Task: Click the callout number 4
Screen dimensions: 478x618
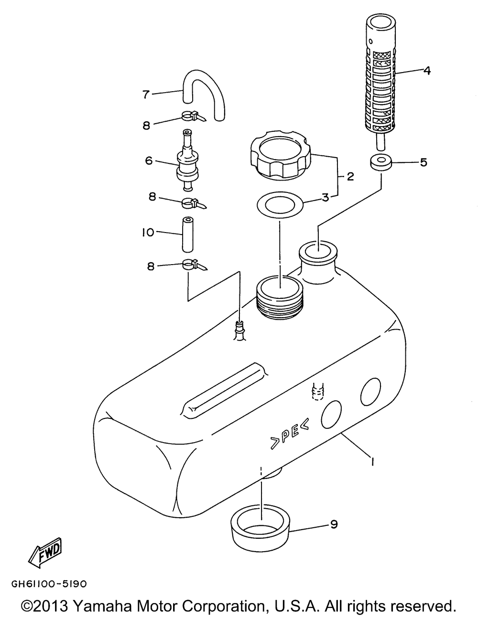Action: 426,70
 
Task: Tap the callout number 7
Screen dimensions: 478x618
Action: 146,94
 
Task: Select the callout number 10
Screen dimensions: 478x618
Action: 148,233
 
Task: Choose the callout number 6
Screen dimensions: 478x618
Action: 149,160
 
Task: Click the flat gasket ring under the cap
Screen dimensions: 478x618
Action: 280,205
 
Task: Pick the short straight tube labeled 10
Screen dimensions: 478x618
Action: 187,234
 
